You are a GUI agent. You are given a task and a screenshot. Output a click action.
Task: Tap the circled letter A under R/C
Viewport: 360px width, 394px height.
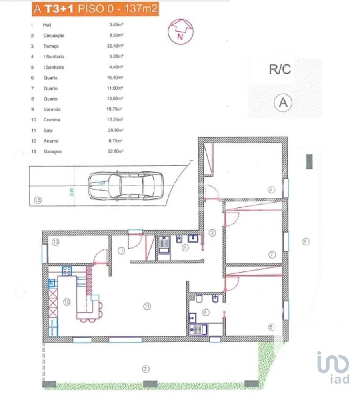tap(283, 103)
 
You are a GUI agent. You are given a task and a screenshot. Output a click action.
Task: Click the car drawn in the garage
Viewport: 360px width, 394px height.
tap(126, 186)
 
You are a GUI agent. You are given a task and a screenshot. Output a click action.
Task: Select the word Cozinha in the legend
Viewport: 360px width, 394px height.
tap(52, 120)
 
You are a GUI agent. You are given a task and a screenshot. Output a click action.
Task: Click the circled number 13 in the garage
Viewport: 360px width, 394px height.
tap(38, 201)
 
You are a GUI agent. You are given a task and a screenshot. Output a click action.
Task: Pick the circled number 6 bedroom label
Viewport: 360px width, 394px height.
tap(272, 189)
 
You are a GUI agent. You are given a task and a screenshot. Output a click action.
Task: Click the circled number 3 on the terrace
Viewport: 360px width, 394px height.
tap(146, 368)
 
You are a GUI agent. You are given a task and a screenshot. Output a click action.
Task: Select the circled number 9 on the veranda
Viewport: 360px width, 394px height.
tap(306, 241)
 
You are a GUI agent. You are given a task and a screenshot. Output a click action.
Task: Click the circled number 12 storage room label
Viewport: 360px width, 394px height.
tap(56, 242)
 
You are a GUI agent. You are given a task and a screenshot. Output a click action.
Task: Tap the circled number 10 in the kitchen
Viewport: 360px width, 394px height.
tap(67, 302)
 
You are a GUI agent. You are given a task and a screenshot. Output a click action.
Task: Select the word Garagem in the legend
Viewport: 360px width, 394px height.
tap(53, 151)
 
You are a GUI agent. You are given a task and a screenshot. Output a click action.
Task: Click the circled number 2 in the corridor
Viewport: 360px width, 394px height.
tap(212, 232)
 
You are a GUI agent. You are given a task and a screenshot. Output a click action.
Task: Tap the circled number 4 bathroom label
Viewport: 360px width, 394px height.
tap(206, 312)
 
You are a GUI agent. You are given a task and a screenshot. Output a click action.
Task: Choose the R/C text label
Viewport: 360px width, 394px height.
tap(280, 69)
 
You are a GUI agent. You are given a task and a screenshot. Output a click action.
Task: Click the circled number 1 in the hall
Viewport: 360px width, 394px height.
tap(122, 251)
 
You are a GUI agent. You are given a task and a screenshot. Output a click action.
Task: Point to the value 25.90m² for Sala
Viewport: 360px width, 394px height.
tap(114, 130)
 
